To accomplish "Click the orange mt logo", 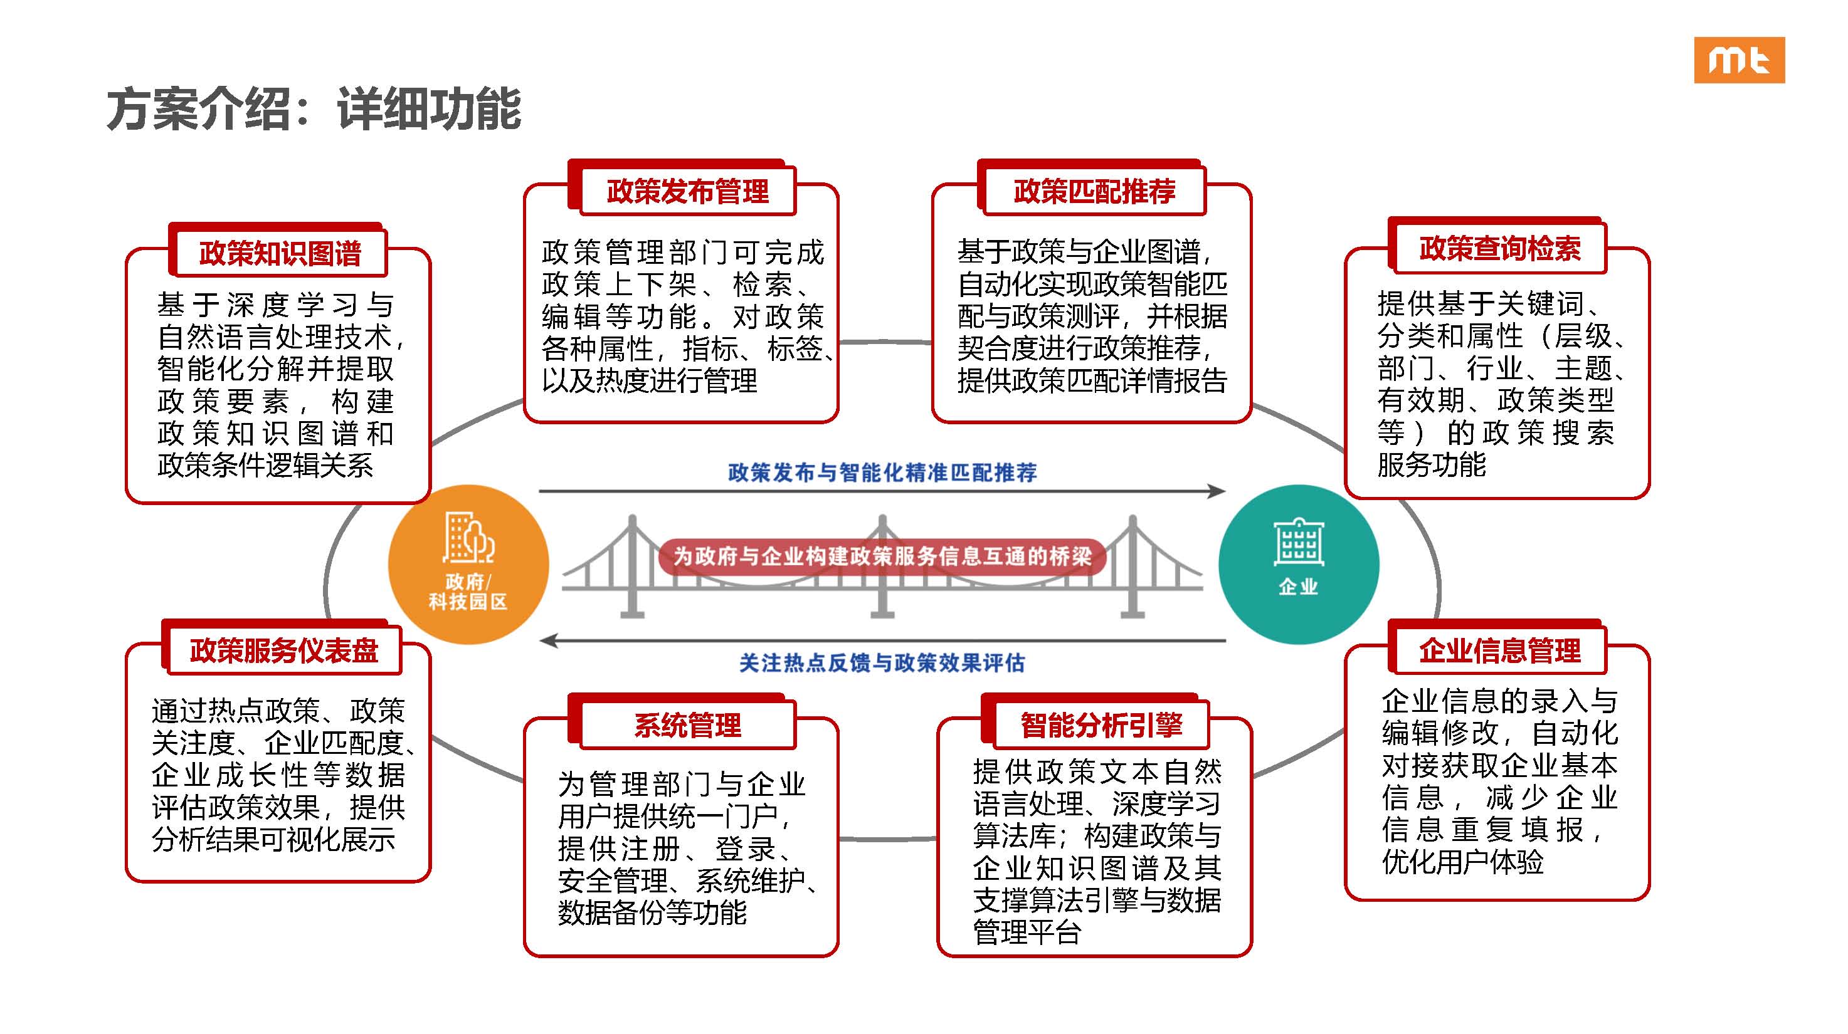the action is pyautogui.click(x=1739, y=60).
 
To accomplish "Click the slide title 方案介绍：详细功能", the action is pyautogui.click(x=314, y=109).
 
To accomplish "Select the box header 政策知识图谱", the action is pyautogui.click(x=280, y=253).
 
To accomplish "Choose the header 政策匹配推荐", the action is pyautogui.click(x=1095, y=191).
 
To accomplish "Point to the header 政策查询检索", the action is pyautogui.click(x=1500, y=249).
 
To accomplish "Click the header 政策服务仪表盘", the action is pyautogui.click(x=284, y=650).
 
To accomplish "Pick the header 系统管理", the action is pyautogui.click(x=687, y=725).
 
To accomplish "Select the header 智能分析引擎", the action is pyautogui.click(x=1102, y=725).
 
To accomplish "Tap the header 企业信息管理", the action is pyautogui.click(x=1500, y=650).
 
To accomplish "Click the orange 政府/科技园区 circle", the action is pyautogui.click(x=468, y=565).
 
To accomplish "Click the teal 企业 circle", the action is pyautogui.click(x=1299, y=565).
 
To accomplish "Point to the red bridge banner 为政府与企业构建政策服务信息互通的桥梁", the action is pyautogui.click(x=882, y=556).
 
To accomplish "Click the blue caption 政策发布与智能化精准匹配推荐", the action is pyautogui.click(x=882, y=473).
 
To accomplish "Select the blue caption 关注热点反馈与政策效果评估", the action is pyautogui.click(x=882, y=662).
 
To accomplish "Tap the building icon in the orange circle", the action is pyautogui.click(x=468, y=537).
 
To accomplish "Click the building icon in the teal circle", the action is pyautogui.click(x=1299, y=541).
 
